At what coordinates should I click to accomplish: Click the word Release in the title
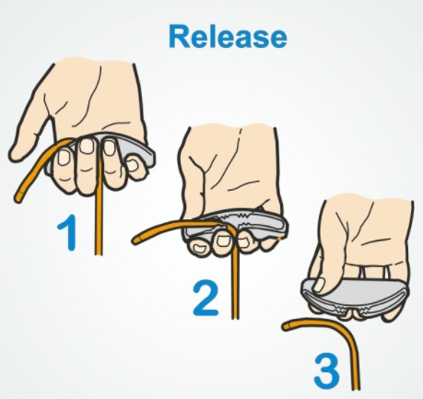point(228,36)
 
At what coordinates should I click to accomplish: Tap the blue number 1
point(67,232)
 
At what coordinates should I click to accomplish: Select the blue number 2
point(206,299)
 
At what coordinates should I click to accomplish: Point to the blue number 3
point(326,371)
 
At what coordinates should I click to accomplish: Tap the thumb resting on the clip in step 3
point(320,285)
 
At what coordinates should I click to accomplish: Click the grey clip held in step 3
point(355,298)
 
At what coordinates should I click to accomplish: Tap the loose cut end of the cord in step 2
point(136,240)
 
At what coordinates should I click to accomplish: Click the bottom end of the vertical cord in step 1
point(98,253)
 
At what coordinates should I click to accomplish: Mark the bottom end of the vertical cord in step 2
point(236,317)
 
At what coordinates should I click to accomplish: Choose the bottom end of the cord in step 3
point(356,389)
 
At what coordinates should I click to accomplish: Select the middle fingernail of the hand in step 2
point(223,241)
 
